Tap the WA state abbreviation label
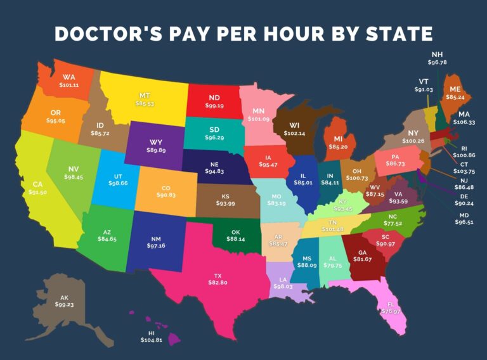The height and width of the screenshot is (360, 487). pyautogui.click(x=69, y=77)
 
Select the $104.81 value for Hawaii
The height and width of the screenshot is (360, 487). pyautogui.click(x=152, y=340)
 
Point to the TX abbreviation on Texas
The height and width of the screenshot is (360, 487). pyautogui.click(x=218, y=276)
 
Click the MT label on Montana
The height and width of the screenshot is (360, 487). pyautogui.click(x=145, y=95)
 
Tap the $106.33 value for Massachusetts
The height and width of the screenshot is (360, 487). pyautogui.click(x=464, y=122)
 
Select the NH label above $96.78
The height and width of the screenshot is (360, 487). pyautogui.click(x=438, y=55)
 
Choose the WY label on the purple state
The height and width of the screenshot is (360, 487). pyautogui.click(x=155, y=142)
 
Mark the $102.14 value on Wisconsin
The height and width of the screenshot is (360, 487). pyautogui.click(x=293, y=134)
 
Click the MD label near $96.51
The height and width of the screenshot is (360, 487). pyautogui.click(x=464, y=215)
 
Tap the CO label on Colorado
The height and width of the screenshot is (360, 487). pyautogui.click(x=166, y=188)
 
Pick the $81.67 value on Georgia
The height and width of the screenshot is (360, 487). pyautogui.click(x=362, y=259)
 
